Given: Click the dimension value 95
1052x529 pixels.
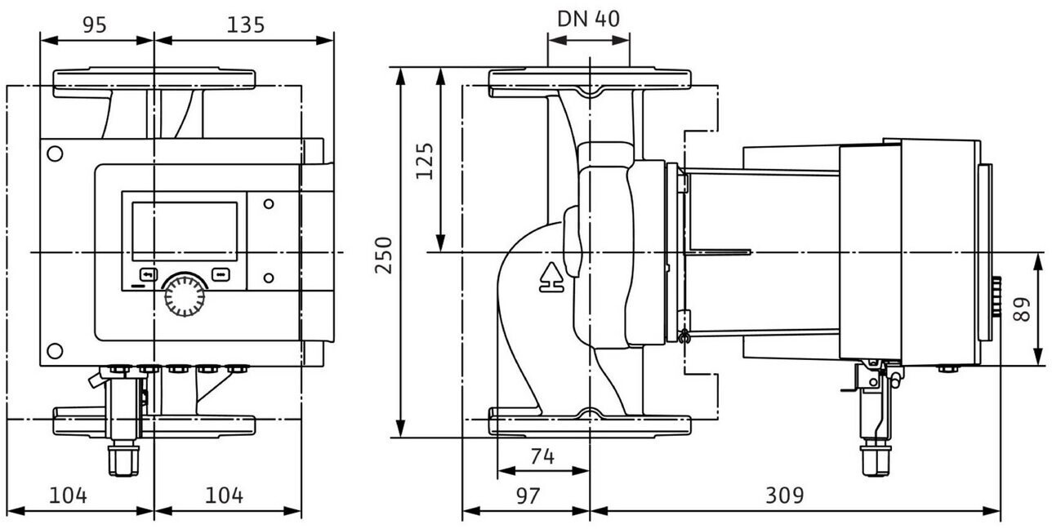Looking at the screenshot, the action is point(95,24).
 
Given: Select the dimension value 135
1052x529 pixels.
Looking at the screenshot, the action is point(246,24).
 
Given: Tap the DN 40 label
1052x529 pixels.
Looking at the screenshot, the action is point(589,19).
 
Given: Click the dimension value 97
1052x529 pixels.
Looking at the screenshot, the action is point(528,495).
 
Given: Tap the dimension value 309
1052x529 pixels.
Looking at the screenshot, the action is point(785,495).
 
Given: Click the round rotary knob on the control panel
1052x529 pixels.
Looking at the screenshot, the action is point(184,295).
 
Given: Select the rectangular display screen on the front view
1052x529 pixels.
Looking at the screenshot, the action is point(185,231).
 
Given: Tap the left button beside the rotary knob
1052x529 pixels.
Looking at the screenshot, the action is point(147,274).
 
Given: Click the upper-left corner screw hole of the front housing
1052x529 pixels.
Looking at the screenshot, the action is point(55,153).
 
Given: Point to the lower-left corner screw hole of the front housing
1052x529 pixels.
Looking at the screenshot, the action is point(55,351).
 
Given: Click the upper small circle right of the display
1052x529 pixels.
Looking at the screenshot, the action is point(270,203).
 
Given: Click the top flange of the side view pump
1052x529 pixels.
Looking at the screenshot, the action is point(590,79).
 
